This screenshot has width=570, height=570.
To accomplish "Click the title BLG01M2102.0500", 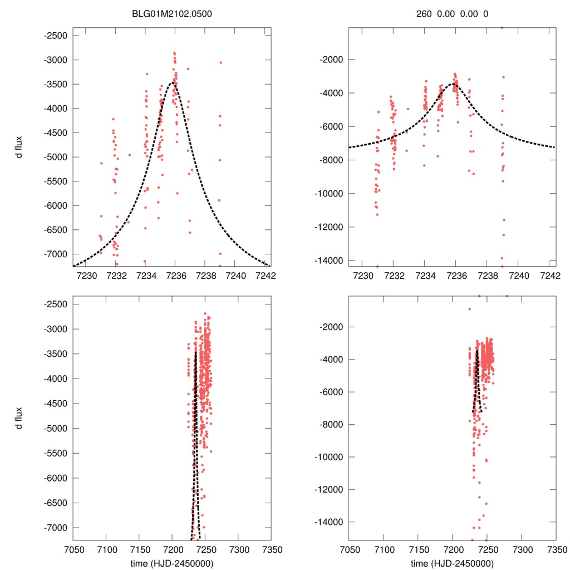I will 172,13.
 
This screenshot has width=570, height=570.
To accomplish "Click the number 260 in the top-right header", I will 424,13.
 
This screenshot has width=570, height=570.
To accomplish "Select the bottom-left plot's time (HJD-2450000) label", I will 172,563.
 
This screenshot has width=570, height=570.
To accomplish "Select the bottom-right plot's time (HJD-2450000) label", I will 452,563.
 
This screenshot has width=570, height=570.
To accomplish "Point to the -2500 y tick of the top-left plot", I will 56,36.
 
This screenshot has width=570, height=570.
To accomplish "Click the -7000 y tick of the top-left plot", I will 56,254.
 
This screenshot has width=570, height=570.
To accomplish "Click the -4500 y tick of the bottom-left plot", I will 56,404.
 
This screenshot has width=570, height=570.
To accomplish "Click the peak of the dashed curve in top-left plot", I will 175,82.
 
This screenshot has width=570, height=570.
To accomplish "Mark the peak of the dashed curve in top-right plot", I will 455,84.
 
